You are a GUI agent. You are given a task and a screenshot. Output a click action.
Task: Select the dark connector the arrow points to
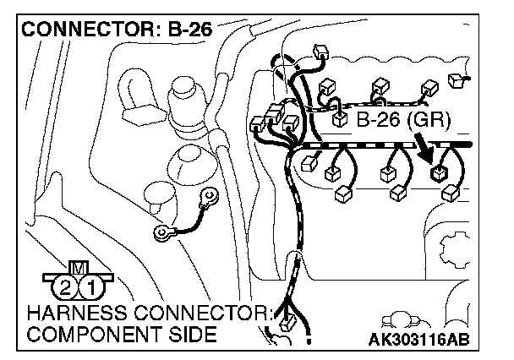tap(439, 175)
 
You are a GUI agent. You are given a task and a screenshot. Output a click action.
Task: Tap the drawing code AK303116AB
tap(418, 340)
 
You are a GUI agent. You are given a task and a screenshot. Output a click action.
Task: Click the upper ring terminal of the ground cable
tap(205, 199)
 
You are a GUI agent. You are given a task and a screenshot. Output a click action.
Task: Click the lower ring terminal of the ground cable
tap(161, 232)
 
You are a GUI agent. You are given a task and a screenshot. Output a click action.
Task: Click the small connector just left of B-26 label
tap(340, 120)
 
